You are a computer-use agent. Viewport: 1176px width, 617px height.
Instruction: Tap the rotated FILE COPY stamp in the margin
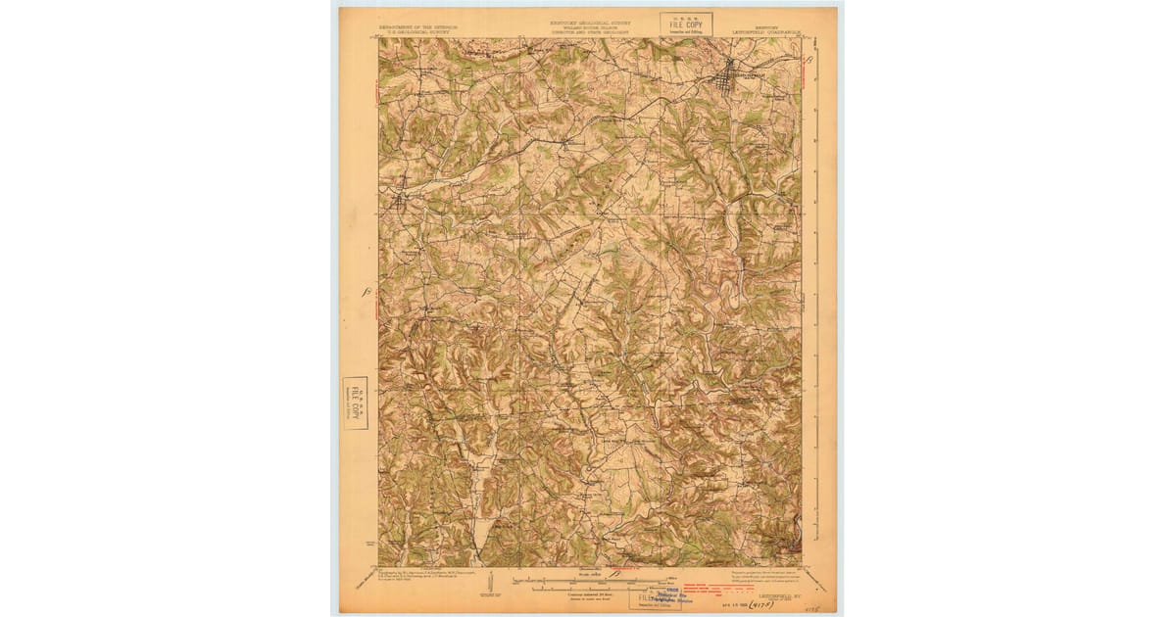[355, 403]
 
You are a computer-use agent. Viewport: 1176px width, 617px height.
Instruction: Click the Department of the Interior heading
[416, 27]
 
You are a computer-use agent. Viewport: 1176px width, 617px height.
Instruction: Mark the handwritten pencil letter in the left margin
[365, 291]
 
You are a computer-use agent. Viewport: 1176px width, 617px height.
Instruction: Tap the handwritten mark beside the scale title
[614, 571]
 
